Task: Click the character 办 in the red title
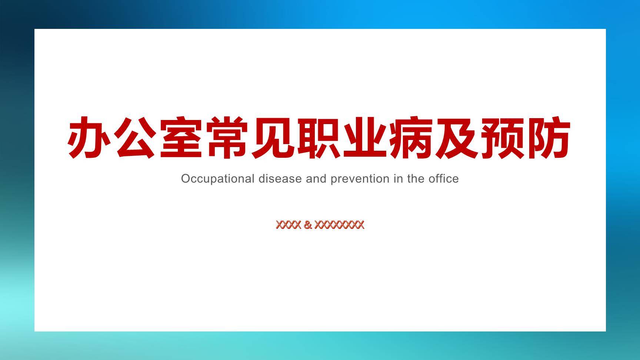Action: (x=89, y=137)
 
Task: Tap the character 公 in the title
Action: (x=135, y=137)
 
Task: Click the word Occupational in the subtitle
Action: (x=218, y=179)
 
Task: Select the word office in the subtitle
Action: (x=444, y=179)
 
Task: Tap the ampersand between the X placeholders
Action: (x=307, y=225)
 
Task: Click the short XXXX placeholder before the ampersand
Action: (x=289, y=225)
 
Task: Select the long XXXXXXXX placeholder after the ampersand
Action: (x=339, y=225)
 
